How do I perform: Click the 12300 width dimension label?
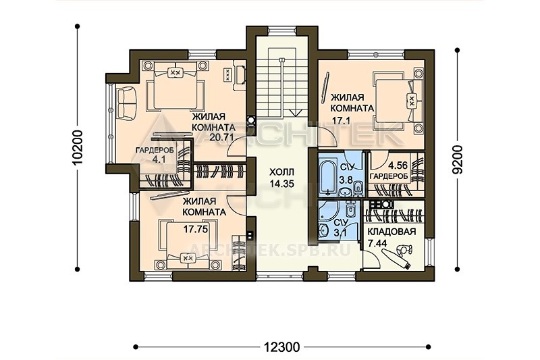(282, 346)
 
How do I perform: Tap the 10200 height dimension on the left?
(78, 147)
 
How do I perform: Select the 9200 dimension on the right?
(458, 159)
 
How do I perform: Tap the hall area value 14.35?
(281, 184)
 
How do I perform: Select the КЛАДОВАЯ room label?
(391, 232)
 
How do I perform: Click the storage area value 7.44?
(377, 243)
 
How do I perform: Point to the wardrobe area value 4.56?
(398, 165)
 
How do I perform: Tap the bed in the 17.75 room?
(188, 245)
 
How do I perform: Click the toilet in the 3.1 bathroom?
(350, 209)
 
